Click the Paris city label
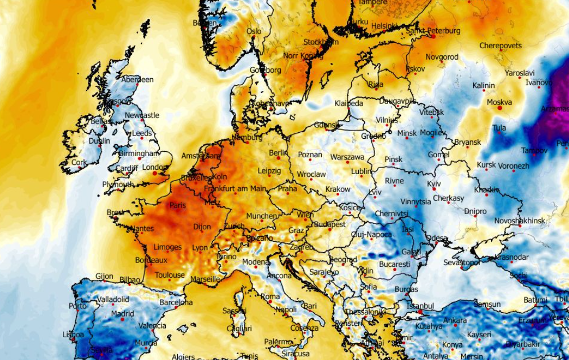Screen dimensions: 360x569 tap(178, 205)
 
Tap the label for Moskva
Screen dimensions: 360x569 tap(499, 102)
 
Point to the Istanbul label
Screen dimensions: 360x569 tap(421, 306)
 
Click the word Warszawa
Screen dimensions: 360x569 tap(347, 157)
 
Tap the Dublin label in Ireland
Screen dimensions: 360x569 tap(99, 141)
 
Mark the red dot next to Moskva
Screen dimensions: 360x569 tap(499, 108)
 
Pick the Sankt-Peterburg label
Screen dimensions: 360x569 tap(433, 31)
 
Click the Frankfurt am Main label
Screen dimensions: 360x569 tap(235, 189)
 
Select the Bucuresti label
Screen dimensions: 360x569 tap(395, 264)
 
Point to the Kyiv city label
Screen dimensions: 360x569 tap(434, 184)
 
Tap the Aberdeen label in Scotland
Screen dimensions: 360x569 tap(137, 79)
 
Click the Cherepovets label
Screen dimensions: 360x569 tap(500, 46)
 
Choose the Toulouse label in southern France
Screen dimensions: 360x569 tap(170, 275)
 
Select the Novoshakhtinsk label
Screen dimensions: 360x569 tap(520, 221)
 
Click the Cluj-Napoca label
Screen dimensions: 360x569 tap(371, 234)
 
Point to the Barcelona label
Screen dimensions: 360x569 tap(176, 302)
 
